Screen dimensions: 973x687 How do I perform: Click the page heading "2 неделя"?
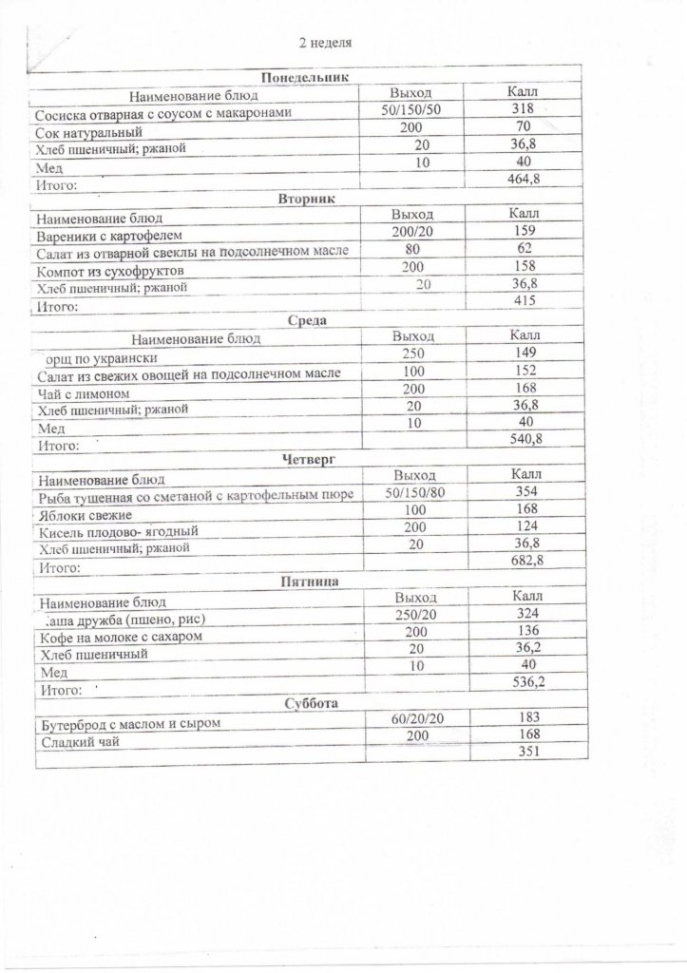pos(330,43)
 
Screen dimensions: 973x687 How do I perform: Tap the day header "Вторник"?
pos(307,199)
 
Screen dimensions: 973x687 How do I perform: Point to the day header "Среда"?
pos(305,320)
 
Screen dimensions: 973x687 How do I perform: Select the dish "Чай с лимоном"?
pos(82,392)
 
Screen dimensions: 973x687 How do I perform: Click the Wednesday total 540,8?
pos(525,440)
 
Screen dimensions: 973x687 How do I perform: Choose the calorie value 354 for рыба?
pos(525,490)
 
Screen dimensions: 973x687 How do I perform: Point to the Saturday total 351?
pos(525,753)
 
